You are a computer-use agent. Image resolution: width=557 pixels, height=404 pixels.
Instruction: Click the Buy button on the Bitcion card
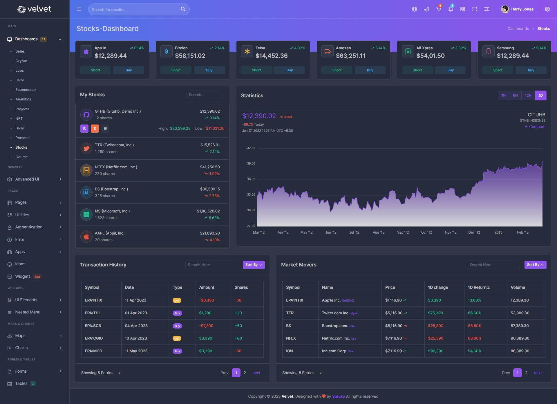(x=209, y=70)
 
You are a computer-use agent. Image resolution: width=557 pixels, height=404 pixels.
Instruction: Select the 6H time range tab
(x=515, y=95)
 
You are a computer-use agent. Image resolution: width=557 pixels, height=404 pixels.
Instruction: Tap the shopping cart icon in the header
(x=439, y=9)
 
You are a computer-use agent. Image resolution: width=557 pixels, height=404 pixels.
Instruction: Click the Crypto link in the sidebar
(x=21, y=61)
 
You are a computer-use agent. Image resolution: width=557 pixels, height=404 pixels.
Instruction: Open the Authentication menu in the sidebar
(x=29, y=227)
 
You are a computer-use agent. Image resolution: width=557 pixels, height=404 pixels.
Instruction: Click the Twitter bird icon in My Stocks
(x=86, y=148)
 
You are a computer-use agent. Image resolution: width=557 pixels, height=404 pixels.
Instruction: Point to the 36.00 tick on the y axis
(x=251, y=179)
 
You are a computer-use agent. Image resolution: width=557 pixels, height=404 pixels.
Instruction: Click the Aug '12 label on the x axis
(x=378, y=232)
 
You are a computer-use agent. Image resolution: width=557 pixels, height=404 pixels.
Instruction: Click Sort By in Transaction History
(x=254, y=265)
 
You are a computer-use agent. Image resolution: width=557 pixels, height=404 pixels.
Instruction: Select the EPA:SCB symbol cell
(x=93, y=326)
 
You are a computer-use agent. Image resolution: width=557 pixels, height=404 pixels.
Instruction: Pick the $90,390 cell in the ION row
(x=435, y=351)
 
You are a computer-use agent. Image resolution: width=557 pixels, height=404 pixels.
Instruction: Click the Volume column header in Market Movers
(x=518, y=287)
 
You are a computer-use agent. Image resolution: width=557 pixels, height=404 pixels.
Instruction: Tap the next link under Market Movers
(x=538, y=373)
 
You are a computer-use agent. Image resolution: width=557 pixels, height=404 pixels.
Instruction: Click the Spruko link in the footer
(x=338, y=396)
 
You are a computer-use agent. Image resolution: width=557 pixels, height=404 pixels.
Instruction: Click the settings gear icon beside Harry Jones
(x=547, y=9)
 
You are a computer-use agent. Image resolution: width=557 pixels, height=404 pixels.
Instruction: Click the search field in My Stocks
(x=204, y=95)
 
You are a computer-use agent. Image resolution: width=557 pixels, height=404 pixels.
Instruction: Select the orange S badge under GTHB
(x=95, y=129)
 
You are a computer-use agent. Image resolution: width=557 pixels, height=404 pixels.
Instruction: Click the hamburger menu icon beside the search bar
(x=79, y=9)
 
